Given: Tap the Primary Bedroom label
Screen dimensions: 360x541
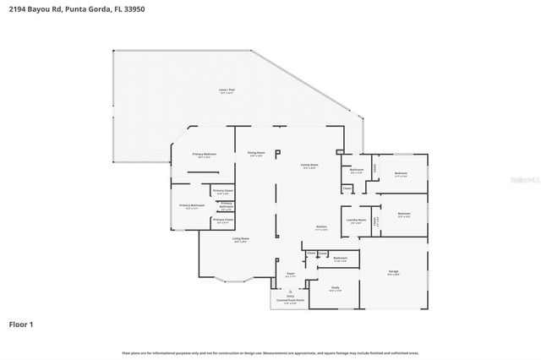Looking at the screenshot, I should (x=205, y=155).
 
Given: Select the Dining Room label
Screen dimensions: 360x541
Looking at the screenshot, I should (x=256, y=153).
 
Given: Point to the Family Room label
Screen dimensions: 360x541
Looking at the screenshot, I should (x=309, y=166).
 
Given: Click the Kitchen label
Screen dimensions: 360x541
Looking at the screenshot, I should (x=321, y=227).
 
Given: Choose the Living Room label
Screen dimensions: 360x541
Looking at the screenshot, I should (x=241, y=239).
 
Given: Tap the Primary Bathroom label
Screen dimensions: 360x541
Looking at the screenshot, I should (x=192, y=206).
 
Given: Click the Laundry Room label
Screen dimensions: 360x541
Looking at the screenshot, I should (x=356, y=221).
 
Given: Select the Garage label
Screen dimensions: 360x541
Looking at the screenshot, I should (x=393, y=272).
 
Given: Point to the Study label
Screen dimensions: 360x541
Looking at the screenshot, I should (x=335, y=288).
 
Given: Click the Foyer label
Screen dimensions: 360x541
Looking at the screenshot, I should (x=290, y=275).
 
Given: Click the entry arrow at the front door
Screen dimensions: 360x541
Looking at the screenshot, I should (x=290, y=292).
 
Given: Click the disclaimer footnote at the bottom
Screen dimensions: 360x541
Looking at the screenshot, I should (x=270, y=352).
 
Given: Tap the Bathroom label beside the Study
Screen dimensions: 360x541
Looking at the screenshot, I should (x=340, y=258).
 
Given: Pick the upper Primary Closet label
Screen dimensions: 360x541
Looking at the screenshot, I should (x=222, y=192).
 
